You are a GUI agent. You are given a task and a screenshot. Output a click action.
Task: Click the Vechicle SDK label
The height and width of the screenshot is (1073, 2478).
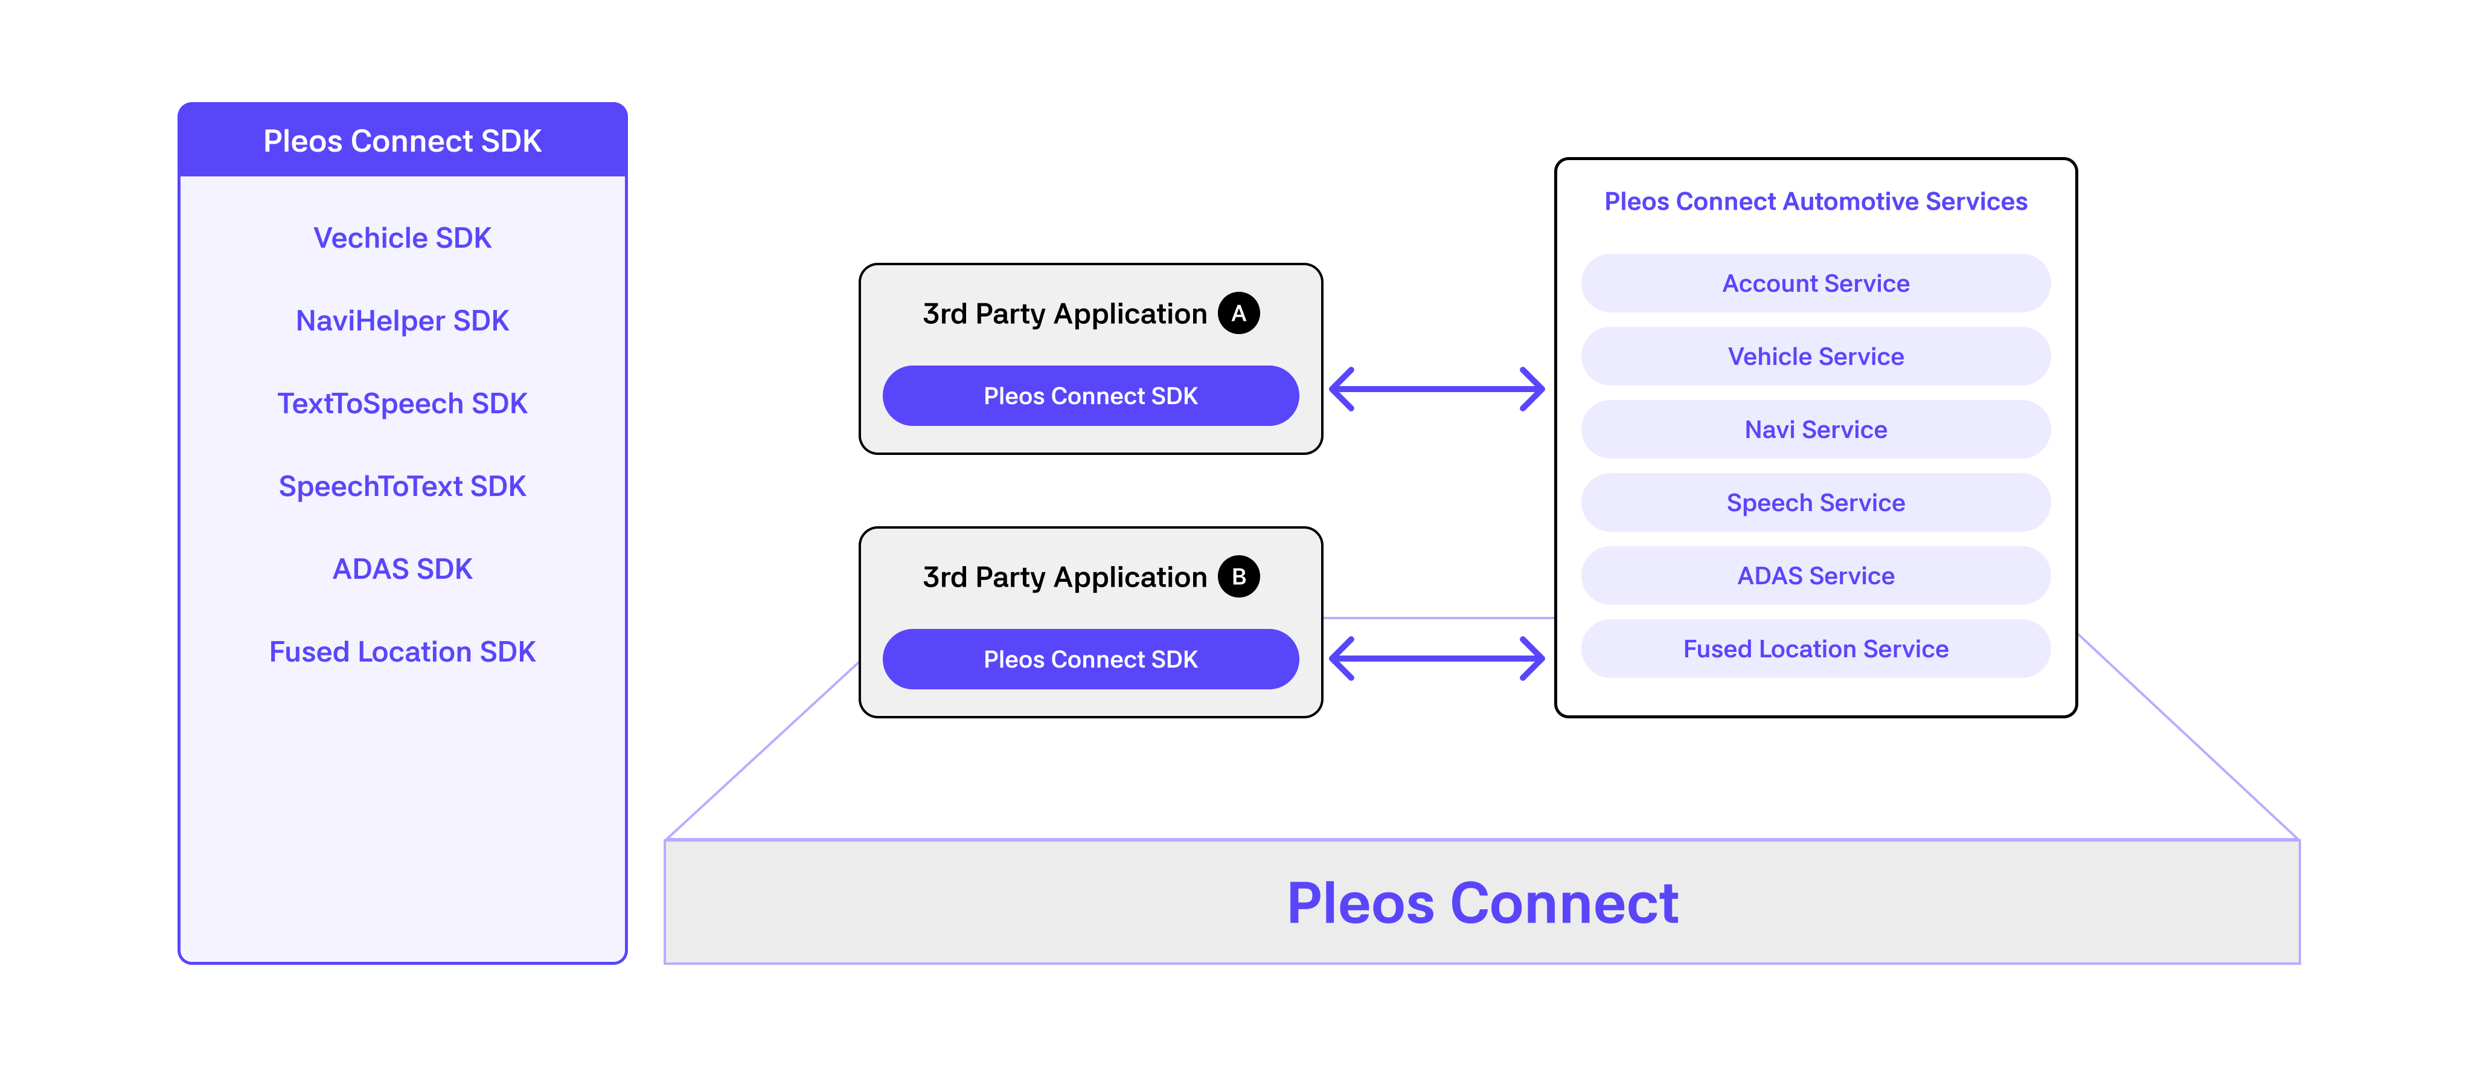point(402,237)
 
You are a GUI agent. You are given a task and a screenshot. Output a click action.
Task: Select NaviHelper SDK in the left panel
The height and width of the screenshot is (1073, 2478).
point(402,320)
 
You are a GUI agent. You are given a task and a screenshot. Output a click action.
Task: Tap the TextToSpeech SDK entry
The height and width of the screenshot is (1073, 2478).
point(402,403)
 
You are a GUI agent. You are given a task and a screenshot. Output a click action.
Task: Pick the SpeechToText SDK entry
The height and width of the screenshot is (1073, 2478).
point(402,486)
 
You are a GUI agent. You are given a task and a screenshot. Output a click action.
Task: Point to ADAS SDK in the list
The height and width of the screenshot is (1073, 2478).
point(402,569)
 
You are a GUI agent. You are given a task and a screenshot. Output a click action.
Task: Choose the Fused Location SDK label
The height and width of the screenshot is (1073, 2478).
point(402,651)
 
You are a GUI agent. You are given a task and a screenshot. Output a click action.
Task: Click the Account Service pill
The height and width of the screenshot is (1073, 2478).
point(1815,283)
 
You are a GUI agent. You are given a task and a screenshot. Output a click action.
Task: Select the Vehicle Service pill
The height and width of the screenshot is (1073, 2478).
point(1815,356)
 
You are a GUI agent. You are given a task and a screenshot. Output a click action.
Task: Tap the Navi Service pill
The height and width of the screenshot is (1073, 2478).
point(1815,429)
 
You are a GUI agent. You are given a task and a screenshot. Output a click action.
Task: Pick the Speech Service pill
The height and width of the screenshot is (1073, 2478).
point(1815,502)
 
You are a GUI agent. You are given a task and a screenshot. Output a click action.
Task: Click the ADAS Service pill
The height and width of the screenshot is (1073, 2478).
point(1815,576)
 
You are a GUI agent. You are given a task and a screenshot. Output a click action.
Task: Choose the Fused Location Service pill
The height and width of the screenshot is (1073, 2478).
point(1815,649)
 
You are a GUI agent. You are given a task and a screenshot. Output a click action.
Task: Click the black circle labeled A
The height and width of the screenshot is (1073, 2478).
point(1239,313)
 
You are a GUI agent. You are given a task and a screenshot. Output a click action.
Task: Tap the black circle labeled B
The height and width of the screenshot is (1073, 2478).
point(1239,576)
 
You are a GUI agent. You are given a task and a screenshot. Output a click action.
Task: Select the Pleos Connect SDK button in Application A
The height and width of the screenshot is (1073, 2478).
point(1091,396)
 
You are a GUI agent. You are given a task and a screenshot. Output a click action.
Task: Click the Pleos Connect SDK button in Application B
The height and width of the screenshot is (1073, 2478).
point(1091,659)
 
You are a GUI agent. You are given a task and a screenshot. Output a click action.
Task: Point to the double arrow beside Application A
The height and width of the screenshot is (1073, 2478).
point(1437,389)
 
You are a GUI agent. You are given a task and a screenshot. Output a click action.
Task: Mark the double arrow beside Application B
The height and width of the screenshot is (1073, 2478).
point(1437,658)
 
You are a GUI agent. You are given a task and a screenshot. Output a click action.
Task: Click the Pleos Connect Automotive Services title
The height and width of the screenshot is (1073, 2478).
point(1815,201)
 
